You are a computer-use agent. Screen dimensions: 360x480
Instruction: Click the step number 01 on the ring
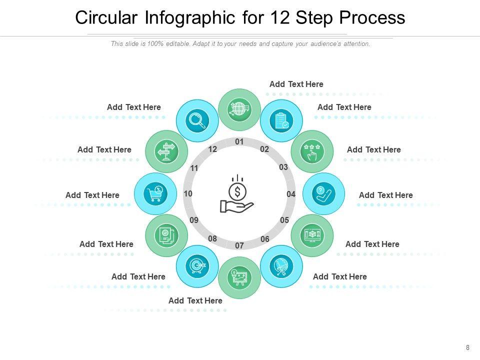(x=239, y=142)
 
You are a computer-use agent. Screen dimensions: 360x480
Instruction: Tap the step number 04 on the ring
(x=291, y=194)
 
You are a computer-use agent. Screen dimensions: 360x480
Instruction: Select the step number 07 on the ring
(x=239, y=245)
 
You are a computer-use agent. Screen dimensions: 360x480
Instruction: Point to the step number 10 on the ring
(x=188, y=193)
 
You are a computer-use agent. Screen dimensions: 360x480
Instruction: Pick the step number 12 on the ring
(x=213, y=149)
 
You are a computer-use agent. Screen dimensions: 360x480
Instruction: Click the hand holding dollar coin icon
(x=237, y=194)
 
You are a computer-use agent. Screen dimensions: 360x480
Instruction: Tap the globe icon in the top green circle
(x=239, y=109)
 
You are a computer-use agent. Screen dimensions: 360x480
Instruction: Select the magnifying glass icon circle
(x=197, y=120)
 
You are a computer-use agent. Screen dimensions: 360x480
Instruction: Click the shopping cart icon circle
(x=155, y=193)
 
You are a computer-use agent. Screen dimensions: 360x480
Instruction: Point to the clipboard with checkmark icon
(x=281, y=120)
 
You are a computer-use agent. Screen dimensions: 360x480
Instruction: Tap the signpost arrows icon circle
(x=166, y=151)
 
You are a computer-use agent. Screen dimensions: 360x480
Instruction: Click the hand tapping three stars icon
(x=312, y=151)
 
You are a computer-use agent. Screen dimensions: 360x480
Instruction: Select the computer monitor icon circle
(x=312, y=235)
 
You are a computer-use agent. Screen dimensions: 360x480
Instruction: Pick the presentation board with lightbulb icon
(x=239, y=277)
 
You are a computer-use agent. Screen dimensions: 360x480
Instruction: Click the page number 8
(x=467, y=348)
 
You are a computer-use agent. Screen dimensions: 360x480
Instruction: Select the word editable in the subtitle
(x=178, y=44)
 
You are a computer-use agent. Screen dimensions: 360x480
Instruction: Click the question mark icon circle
(x=323, y=193)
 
